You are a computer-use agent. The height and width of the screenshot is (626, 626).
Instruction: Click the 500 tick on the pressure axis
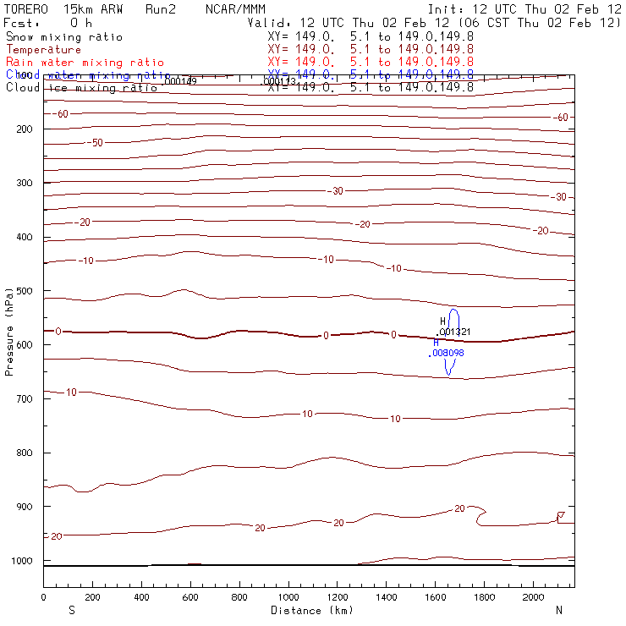click(42, 290)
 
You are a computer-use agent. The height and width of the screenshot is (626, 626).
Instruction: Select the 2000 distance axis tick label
click(534, 597)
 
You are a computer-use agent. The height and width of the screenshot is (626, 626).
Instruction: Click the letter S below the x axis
click(70, 609)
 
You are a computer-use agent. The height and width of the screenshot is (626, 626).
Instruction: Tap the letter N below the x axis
click(558, 609)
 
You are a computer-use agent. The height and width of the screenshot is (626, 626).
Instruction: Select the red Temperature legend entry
click(43, 50)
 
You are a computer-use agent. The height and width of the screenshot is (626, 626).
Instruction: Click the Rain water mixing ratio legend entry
click(85, 63)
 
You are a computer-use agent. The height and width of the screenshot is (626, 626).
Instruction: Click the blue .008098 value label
click(446, 353)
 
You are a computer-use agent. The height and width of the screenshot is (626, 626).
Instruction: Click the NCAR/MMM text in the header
click(229, 9)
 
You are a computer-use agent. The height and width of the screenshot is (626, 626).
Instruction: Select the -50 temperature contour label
click(96, 143)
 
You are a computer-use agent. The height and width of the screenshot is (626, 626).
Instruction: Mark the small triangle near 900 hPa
click(560, 514)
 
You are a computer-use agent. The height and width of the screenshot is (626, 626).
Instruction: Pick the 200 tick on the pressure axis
click(42, 129)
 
